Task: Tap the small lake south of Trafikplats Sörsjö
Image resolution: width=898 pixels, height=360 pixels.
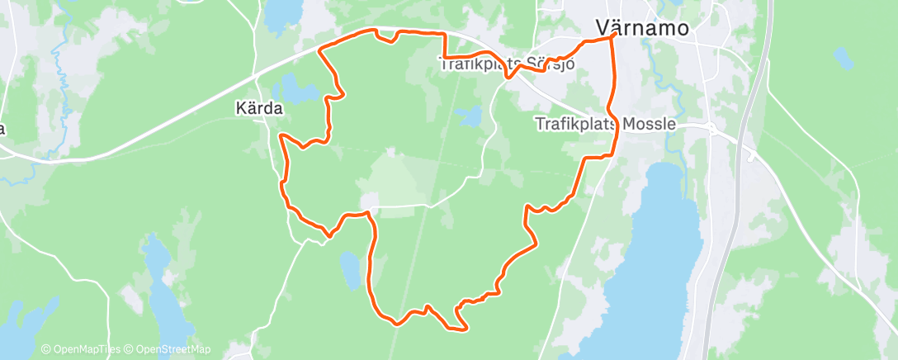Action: click(x=469, y=116)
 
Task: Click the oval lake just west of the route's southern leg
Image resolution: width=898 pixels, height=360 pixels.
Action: click(x=350, y=270)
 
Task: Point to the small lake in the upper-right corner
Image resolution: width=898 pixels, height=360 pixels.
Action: click(x=843, y=58)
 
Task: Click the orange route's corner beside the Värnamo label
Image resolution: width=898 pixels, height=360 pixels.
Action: click(x=614, y=36)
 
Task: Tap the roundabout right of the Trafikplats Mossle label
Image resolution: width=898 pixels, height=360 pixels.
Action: click(x=711, y=127)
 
